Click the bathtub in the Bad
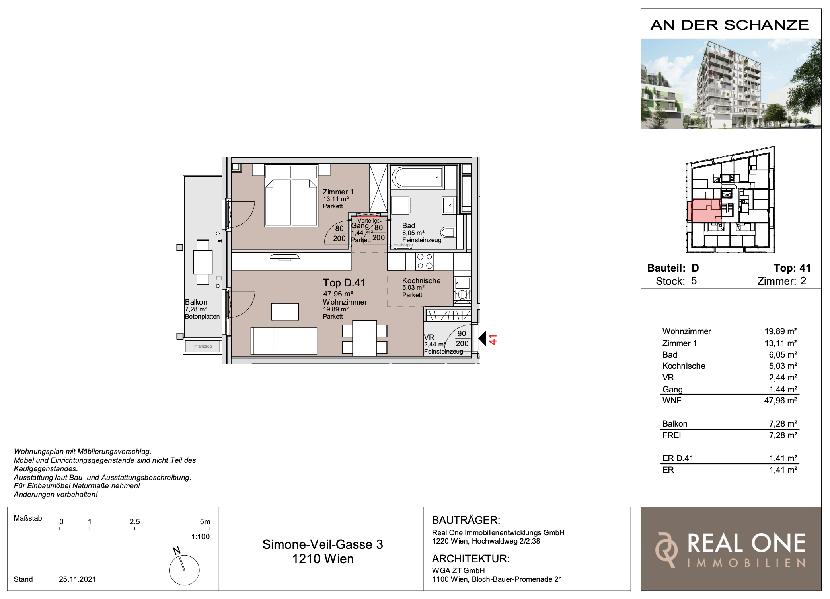coord(418,178)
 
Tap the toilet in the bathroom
coord(448,232)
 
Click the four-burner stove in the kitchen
coord(425,261)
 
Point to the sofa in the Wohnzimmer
coord(284,341)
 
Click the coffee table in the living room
coord(285,311)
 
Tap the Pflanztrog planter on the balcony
coord(203,346)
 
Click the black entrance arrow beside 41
coord(482,339)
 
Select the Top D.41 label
coord(344,283)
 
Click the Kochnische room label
coord(421,280)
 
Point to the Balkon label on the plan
coord(196,302)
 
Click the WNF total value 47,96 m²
coord(780,401)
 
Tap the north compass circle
coord(184,570)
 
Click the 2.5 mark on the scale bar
coord(134,521)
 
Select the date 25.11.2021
coord(78,579)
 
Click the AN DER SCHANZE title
coord(730,25)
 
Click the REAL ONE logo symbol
coord(666,549)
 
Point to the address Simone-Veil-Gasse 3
coord(323,544)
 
